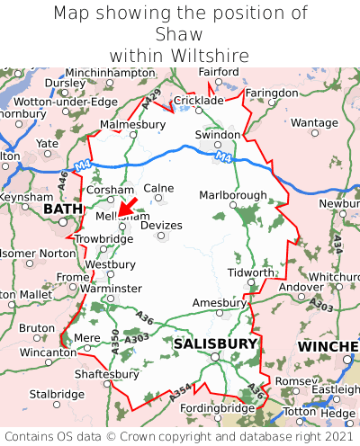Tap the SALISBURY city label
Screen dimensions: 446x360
click(215, 343)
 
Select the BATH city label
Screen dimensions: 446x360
click(62, 209)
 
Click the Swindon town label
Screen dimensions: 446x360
click(218, 135)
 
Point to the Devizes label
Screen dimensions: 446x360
click(161, 225)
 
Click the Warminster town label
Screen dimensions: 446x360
click(111, 288)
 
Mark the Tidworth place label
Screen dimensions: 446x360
click(250, 272)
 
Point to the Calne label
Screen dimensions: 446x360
click(158, 188)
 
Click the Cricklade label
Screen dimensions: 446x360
click(197, 101)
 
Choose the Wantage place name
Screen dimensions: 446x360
click(314, 122)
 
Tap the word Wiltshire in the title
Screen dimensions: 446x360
click(179, 56)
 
